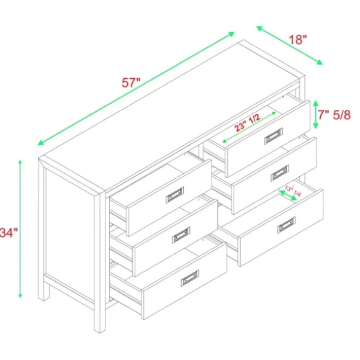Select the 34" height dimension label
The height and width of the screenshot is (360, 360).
point(9,233)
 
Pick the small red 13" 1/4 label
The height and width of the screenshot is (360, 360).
point(293,190)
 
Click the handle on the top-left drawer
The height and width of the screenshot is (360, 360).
point(174,196)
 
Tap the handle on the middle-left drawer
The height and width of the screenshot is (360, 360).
point(181,235)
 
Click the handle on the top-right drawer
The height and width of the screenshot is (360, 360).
point(274,137)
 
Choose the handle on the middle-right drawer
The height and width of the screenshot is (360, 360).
point(280,174)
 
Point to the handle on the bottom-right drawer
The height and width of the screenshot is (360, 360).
point(286,224)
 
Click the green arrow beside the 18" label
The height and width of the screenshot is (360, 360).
point(289,46)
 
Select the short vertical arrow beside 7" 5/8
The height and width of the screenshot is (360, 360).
point(315,114)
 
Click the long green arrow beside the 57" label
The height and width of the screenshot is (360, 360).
point(137,88)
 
